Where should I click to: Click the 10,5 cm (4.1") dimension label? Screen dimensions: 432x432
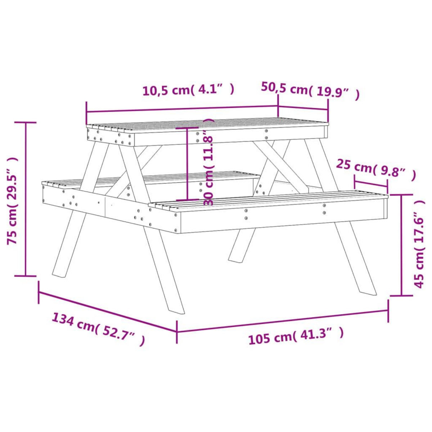pyautogui.click(x=188, y=90)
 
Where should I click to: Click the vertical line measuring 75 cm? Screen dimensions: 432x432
pyautogui.click(x=26, y=199)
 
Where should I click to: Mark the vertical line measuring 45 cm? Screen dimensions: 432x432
pyautogui.click(x=401, y=245)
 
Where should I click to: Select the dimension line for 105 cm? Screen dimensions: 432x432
pyautogui.click(x=283, y=321)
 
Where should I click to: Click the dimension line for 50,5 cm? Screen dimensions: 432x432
pyautogui.click(x=303, y=110)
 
